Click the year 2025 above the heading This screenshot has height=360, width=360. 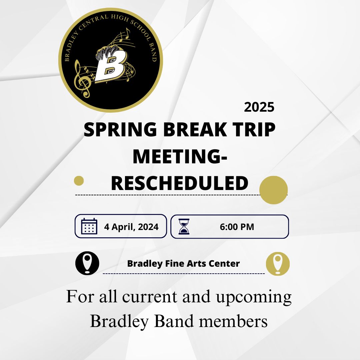pyautogui.click(x=259, y=107)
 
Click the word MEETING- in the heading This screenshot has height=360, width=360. pyautogui.click(x=180, y=157)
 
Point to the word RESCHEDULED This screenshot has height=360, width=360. pyautogui.click(x=180, y=183)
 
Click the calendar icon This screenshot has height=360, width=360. pyautogui.click(x=89, y=227)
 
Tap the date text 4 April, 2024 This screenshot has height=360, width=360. pyautogui.click(x=131, y=227)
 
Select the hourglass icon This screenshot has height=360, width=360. pyautogui.click(x=184, y=227)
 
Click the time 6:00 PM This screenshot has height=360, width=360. pyautogui.click(x=237, y=227)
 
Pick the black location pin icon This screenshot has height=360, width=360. pyautogui.click(x=87, y=263)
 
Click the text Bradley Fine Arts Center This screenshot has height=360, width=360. pyautogui.click(x=183, y=264)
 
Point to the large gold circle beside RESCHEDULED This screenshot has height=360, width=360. pyautogui.click(x=273, y=190)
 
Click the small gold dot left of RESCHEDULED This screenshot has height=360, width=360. pyautogui.click(x=79, y=181)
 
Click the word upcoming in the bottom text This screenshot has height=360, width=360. pyautogui.click(x=254, y=297)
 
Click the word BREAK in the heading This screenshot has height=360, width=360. pyautogui.click(x=194, y=130)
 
